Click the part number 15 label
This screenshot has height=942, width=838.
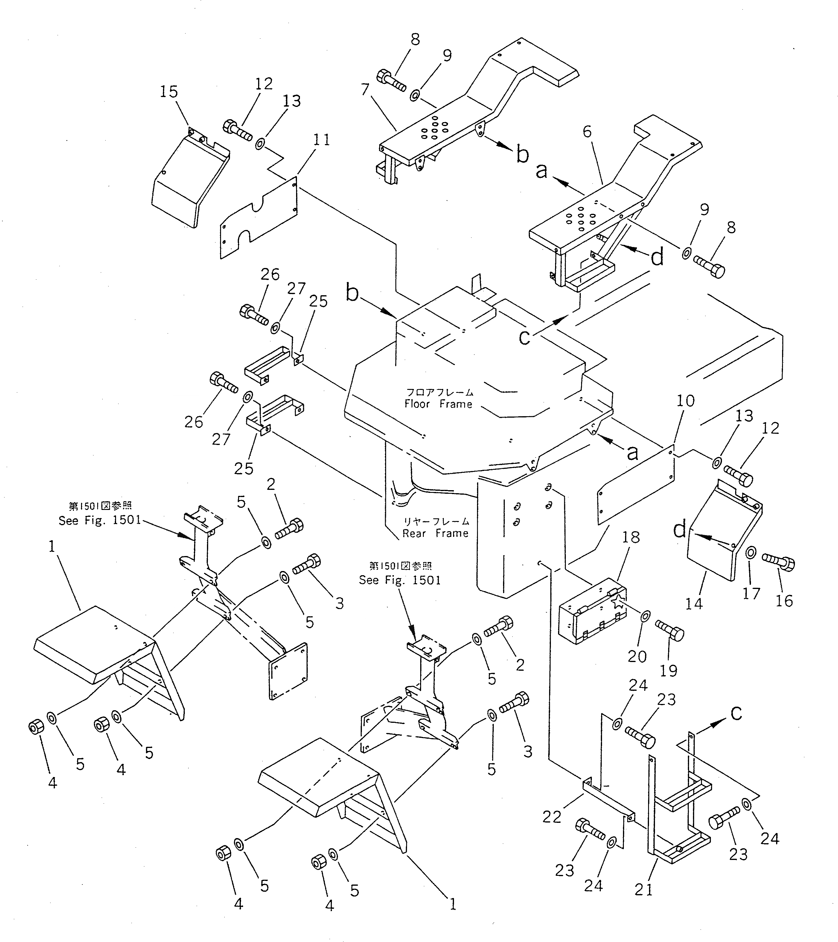pyautogui.click(x=168, y=92)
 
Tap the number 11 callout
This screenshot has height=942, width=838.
pyautogui.click(x=322, y=140)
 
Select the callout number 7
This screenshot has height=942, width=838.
pyautogui.click(x=365, y=90)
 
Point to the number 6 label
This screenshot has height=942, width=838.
pyautogui.click(x=587, y=131)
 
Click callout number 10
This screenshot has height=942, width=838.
pyautogui.click(x=685, y=401)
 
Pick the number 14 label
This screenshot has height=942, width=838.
pyautogui.click(x=694, y=603)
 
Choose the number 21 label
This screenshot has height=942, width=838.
pyautogui.click(x=644, y=890)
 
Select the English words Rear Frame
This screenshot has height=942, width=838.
pyautogui.click(x=435, y=533)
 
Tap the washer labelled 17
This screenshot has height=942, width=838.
pyautogui.click(x=750, y=552)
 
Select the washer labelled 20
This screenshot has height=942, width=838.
pyautogui.click(x=645, y=615)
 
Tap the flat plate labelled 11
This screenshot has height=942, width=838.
pyautogui.click(x=258, y=216)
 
